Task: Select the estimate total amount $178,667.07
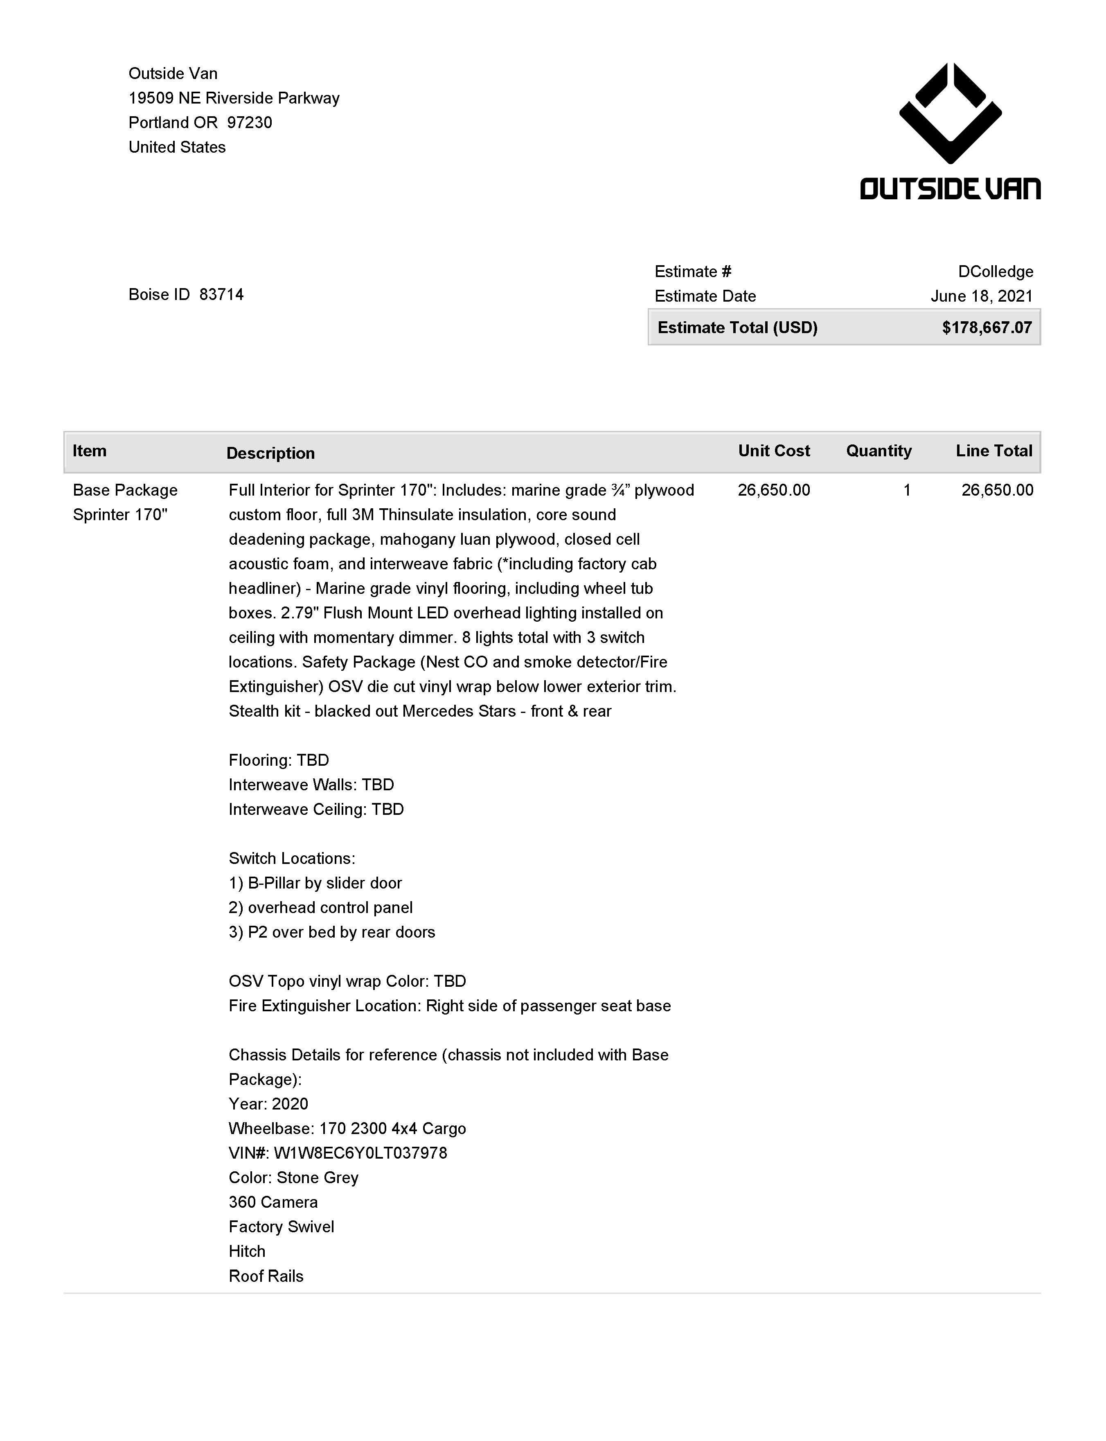coord(986,328)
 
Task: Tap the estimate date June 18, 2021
coord(981,296)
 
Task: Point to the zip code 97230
coord(250,122)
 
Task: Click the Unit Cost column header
coord(773,451)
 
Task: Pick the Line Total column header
coord(993,451)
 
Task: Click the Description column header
coord(270,453)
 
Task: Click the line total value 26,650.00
coord(997,490)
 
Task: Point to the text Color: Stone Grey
coord(294,1178)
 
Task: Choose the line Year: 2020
coord(268,1104)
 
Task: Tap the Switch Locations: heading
coord(292,858)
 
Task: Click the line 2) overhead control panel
coord(321,908)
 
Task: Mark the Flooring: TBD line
coord(279,760)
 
